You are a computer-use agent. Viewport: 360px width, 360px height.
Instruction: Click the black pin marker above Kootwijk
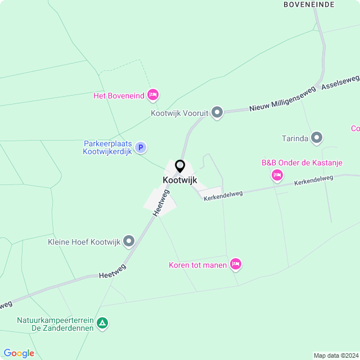pos(180,166)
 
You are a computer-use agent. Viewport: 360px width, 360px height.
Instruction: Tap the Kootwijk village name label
pos(180,179)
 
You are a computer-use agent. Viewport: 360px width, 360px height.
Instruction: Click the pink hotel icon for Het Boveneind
pos(152,95)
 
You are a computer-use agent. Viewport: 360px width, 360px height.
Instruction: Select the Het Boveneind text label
pos(118,96)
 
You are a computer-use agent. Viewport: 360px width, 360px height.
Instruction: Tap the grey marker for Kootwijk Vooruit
pos(217,112)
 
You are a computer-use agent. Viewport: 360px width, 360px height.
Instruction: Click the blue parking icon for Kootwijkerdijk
pos(141,147)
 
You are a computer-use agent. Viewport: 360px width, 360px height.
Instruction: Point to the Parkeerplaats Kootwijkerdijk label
pos(107,147)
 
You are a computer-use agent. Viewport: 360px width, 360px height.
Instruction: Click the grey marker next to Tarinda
pos(317,138)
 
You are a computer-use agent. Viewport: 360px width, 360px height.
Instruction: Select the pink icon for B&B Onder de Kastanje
pos(277,176)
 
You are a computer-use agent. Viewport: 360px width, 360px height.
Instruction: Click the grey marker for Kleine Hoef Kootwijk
pos(129,242)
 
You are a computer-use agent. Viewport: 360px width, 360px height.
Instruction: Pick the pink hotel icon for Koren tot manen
pos(235,264)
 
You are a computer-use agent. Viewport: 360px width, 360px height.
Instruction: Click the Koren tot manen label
pos(197,265)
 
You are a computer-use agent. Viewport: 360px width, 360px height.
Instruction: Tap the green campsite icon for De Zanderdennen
pos(102,323)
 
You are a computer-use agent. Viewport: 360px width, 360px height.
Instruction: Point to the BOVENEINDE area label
pos(309,4)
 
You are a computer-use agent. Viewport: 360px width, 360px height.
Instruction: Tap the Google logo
pos(19,353)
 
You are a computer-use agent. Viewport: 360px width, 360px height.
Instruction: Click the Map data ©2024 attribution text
pos(335,355)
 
